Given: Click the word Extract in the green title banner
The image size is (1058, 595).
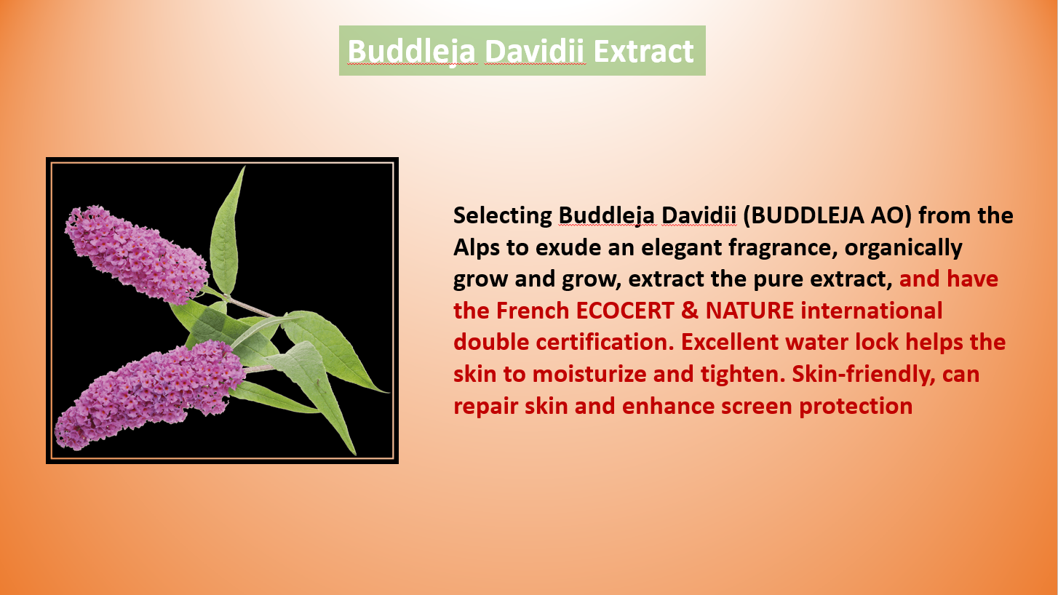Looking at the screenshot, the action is click(643, 51).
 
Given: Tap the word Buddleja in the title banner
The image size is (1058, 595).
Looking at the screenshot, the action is click(411, 52).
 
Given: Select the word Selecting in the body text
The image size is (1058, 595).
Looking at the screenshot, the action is click(503, 216).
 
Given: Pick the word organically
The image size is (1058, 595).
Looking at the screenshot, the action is click(903, 248).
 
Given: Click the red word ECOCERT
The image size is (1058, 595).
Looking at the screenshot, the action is click(625, 311).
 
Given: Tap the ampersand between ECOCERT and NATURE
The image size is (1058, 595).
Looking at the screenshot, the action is click(690, 311).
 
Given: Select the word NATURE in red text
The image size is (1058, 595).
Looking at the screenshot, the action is click(749, 311).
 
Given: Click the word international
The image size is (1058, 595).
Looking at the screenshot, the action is click(872, 311).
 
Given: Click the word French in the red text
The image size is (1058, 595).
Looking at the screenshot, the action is click(533, 311).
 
